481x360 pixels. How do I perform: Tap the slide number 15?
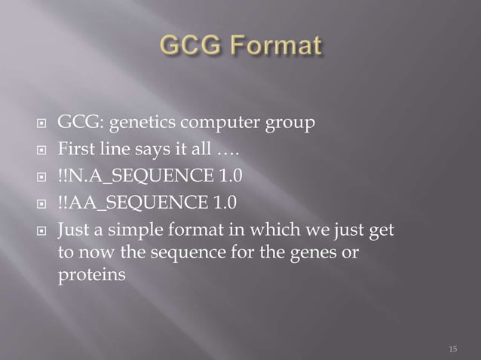click(452, 349)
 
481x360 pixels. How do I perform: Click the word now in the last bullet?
click(92, 253)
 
